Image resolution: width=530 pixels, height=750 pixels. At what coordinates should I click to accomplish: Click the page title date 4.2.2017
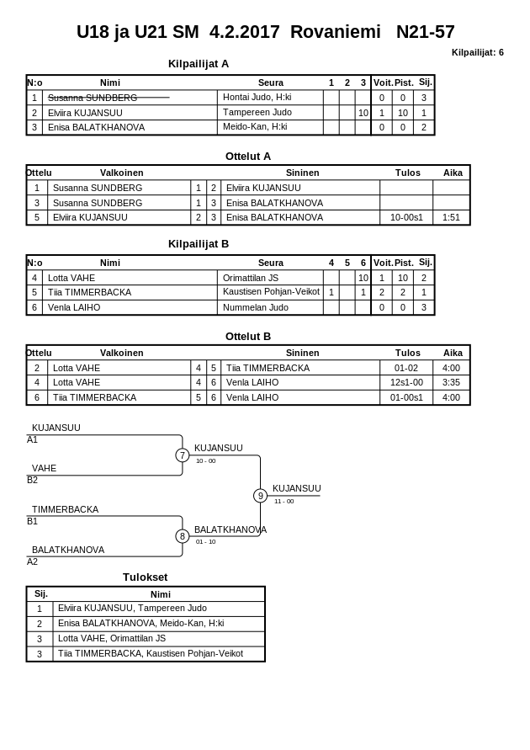click(x=244, y=32)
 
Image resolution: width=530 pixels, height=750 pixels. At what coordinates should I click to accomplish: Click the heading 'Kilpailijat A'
click(x=199, y=63)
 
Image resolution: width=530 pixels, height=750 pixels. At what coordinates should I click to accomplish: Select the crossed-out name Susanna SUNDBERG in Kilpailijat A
click(x=93, y=98)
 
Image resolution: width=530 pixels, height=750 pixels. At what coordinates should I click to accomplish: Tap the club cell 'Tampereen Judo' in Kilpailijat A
click(x=257, y=112)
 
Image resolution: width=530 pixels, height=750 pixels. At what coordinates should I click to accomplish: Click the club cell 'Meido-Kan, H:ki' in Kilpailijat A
click(x=255, y=127)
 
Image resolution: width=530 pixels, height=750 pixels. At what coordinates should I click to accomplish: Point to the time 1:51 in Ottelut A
click(x=451, y=217)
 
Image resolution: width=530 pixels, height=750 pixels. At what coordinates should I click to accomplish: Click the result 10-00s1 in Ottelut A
click(x=407, y=217)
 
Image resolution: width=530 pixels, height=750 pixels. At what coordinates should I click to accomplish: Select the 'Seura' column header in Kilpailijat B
click(x=271, y=263)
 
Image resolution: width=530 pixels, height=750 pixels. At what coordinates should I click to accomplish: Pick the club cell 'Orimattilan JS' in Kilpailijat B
click(x=251, y=278)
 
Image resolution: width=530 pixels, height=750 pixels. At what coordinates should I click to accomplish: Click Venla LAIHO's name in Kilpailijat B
click(x=74, y=307)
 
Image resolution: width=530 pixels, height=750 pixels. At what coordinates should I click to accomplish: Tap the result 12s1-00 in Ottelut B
click(x=407, y=382)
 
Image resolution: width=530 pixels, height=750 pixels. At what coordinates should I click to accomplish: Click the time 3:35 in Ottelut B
click(x=451, y=382)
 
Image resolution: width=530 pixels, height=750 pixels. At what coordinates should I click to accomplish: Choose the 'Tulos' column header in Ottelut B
click(x=408, y=353)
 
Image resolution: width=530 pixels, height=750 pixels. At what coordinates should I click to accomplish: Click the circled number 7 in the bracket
click(x=182, y=455)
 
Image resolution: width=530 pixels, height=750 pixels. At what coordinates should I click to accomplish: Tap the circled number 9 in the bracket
click(x=260, y=496)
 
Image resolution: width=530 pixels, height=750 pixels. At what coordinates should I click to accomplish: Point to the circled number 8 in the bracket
click(x=182, y=536)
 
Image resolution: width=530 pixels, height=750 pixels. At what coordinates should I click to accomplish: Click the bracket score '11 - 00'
click(x=284, y=502)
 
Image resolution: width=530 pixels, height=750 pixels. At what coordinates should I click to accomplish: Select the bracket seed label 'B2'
click(x=32, y=480)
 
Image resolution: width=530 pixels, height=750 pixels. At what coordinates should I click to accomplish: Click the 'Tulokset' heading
click(x=146, y=577)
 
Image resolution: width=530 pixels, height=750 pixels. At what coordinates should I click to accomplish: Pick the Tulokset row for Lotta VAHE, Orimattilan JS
click(x=112, y=638)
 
